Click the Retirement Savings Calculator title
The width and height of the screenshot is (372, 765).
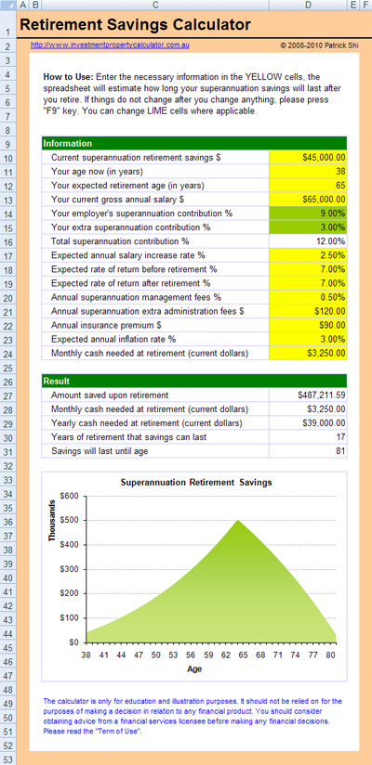136,25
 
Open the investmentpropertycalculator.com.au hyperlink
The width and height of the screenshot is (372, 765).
110,45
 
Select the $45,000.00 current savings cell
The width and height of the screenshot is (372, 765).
308,158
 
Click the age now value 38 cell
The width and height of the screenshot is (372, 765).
308,171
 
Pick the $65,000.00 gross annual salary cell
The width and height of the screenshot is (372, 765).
308,199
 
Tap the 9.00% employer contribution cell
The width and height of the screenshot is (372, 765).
308,214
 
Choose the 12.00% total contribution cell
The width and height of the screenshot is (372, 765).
308,241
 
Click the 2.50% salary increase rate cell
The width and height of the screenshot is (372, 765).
308,255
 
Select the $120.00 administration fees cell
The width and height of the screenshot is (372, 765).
308,311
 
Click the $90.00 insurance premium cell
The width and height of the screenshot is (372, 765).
308,325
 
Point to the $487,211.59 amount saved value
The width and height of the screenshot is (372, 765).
321,395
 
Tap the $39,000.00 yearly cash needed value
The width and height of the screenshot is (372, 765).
324,423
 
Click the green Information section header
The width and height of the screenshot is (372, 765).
194,143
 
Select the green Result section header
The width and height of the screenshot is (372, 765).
194,381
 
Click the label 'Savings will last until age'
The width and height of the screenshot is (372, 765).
100,451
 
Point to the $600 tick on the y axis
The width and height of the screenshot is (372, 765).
70,496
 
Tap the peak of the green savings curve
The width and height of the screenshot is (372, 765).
237,520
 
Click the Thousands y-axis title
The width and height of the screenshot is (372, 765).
52,521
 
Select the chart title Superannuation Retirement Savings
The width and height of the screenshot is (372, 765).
196,482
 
